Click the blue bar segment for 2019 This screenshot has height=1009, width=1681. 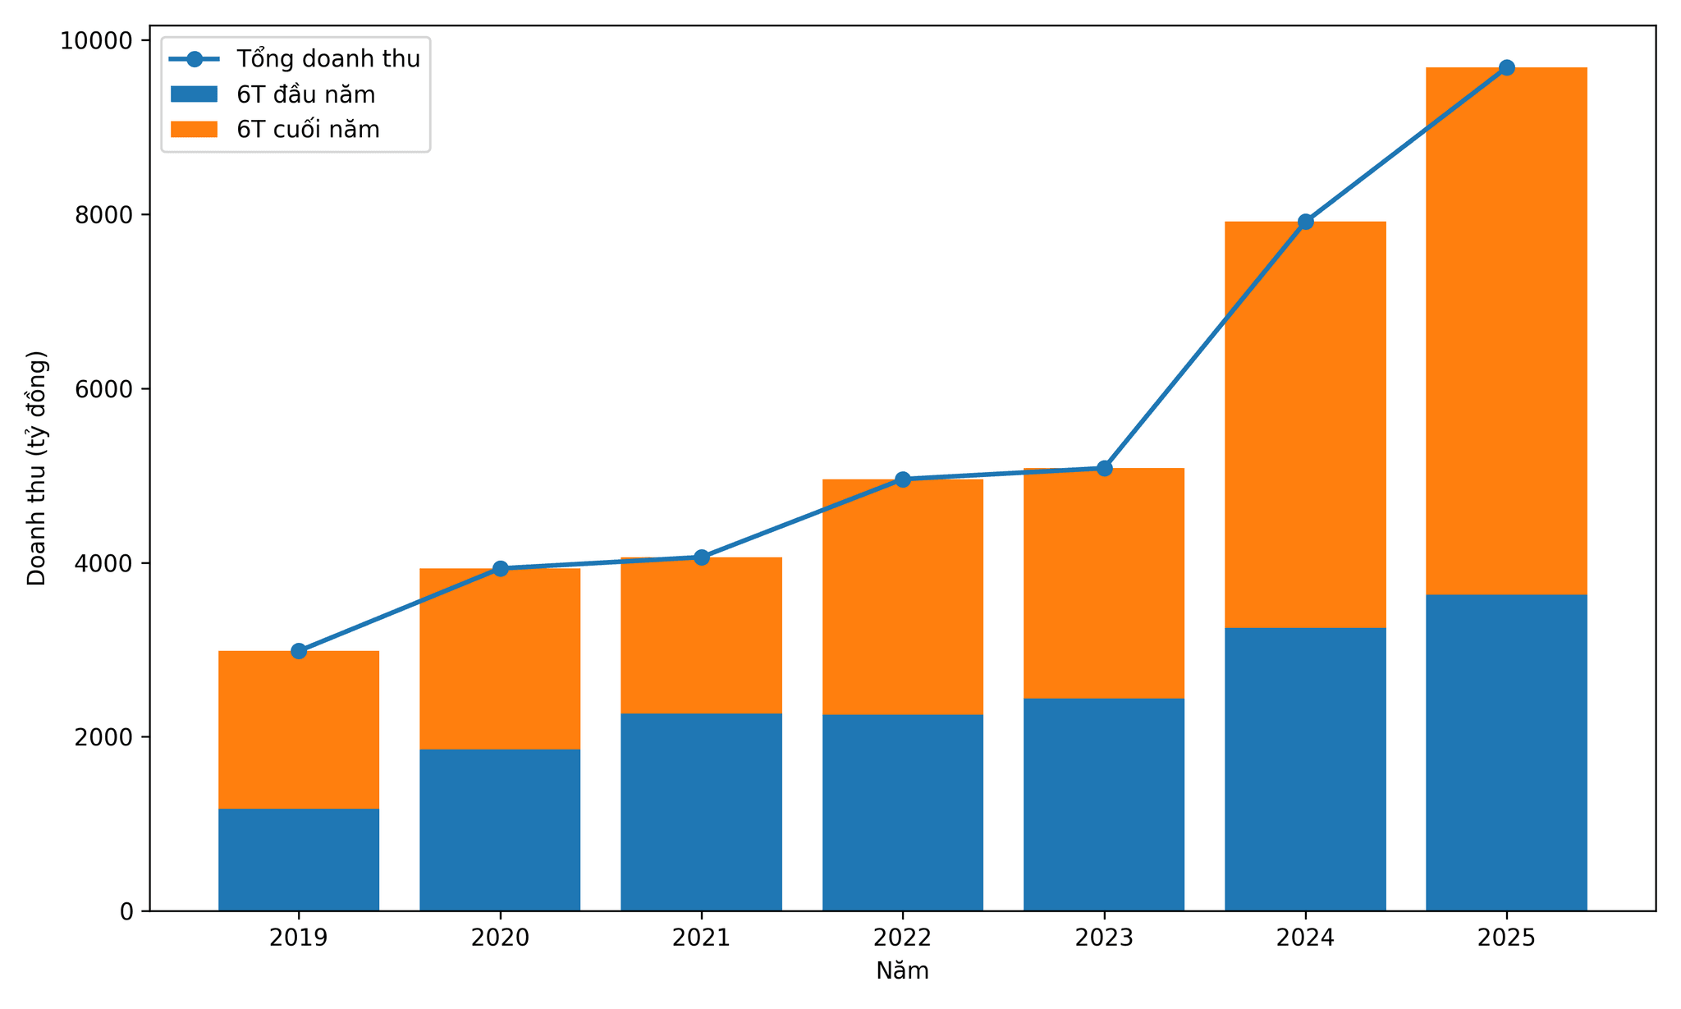(299, 860)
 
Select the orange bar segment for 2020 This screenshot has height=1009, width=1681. (500, 658)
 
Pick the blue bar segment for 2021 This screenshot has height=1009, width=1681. (701, 812)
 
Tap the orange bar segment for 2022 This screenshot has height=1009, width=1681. (903, 597)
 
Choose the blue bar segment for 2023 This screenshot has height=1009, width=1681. (1104, 805)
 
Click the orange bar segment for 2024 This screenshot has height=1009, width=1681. (1305, 424)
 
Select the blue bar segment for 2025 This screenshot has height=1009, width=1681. (1506, 752)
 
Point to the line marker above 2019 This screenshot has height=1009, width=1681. (299, 651)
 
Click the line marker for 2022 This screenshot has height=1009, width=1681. (903, 479)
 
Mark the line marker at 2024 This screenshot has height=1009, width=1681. (1305, 222)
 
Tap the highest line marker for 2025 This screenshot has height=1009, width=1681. (1506, 67)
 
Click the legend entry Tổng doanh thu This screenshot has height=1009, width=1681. (295, 59)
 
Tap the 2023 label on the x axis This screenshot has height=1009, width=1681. (1104, 938)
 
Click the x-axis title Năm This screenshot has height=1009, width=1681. (903, 971)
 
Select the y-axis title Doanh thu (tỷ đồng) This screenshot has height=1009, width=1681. (38, 468)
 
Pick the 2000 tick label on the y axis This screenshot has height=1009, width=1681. (104, 737)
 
